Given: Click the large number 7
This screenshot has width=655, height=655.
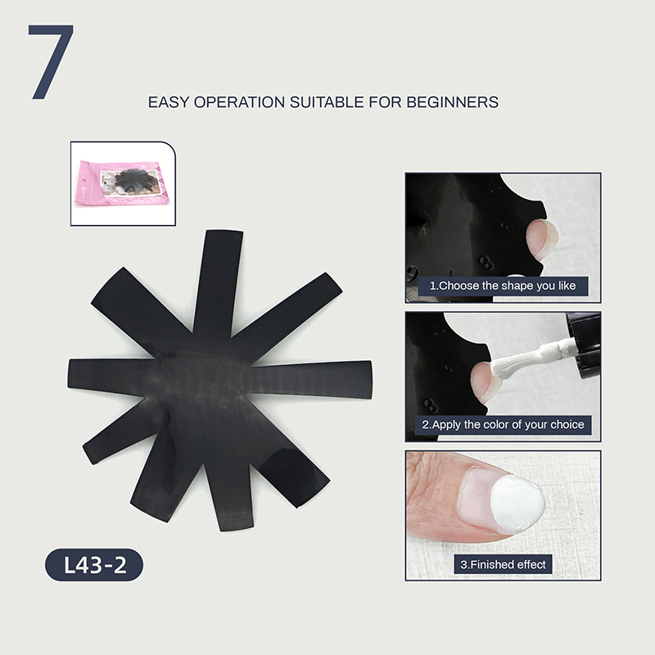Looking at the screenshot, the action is pos(51,62).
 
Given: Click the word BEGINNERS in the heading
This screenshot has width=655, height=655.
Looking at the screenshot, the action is pos(453,102).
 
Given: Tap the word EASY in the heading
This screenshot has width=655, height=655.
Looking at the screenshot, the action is pos(169,102).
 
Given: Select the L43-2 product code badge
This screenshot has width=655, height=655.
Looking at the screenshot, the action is pos(94,565).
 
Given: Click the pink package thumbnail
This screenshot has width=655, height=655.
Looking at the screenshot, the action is pos(122,183).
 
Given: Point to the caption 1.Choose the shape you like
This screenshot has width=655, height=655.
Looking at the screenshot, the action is pos(503,286).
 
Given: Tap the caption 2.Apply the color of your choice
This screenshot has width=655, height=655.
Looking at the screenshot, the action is pos(503,424).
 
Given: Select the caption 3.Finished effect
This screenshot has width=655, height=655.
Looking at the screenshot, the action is pos(503,564).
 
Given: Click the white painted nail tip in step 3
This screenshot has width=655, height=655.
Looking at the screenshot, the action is pos(517,504).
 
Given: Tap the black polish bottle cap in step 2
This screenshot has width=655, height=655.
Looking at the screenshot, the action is pos(585,345).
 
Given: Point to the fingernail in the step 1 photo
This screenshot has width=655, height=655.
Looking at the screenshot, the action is pos(541,239).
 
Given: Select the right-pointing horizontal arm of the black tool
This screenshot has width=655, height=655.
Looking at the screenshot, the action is pos(311,379).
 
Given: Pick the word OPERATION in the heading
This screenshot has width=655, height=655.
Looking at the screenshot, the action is pos(239,102).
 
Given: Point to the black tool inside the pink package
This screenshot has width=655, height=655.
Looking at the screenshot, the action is pos(133,180).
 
